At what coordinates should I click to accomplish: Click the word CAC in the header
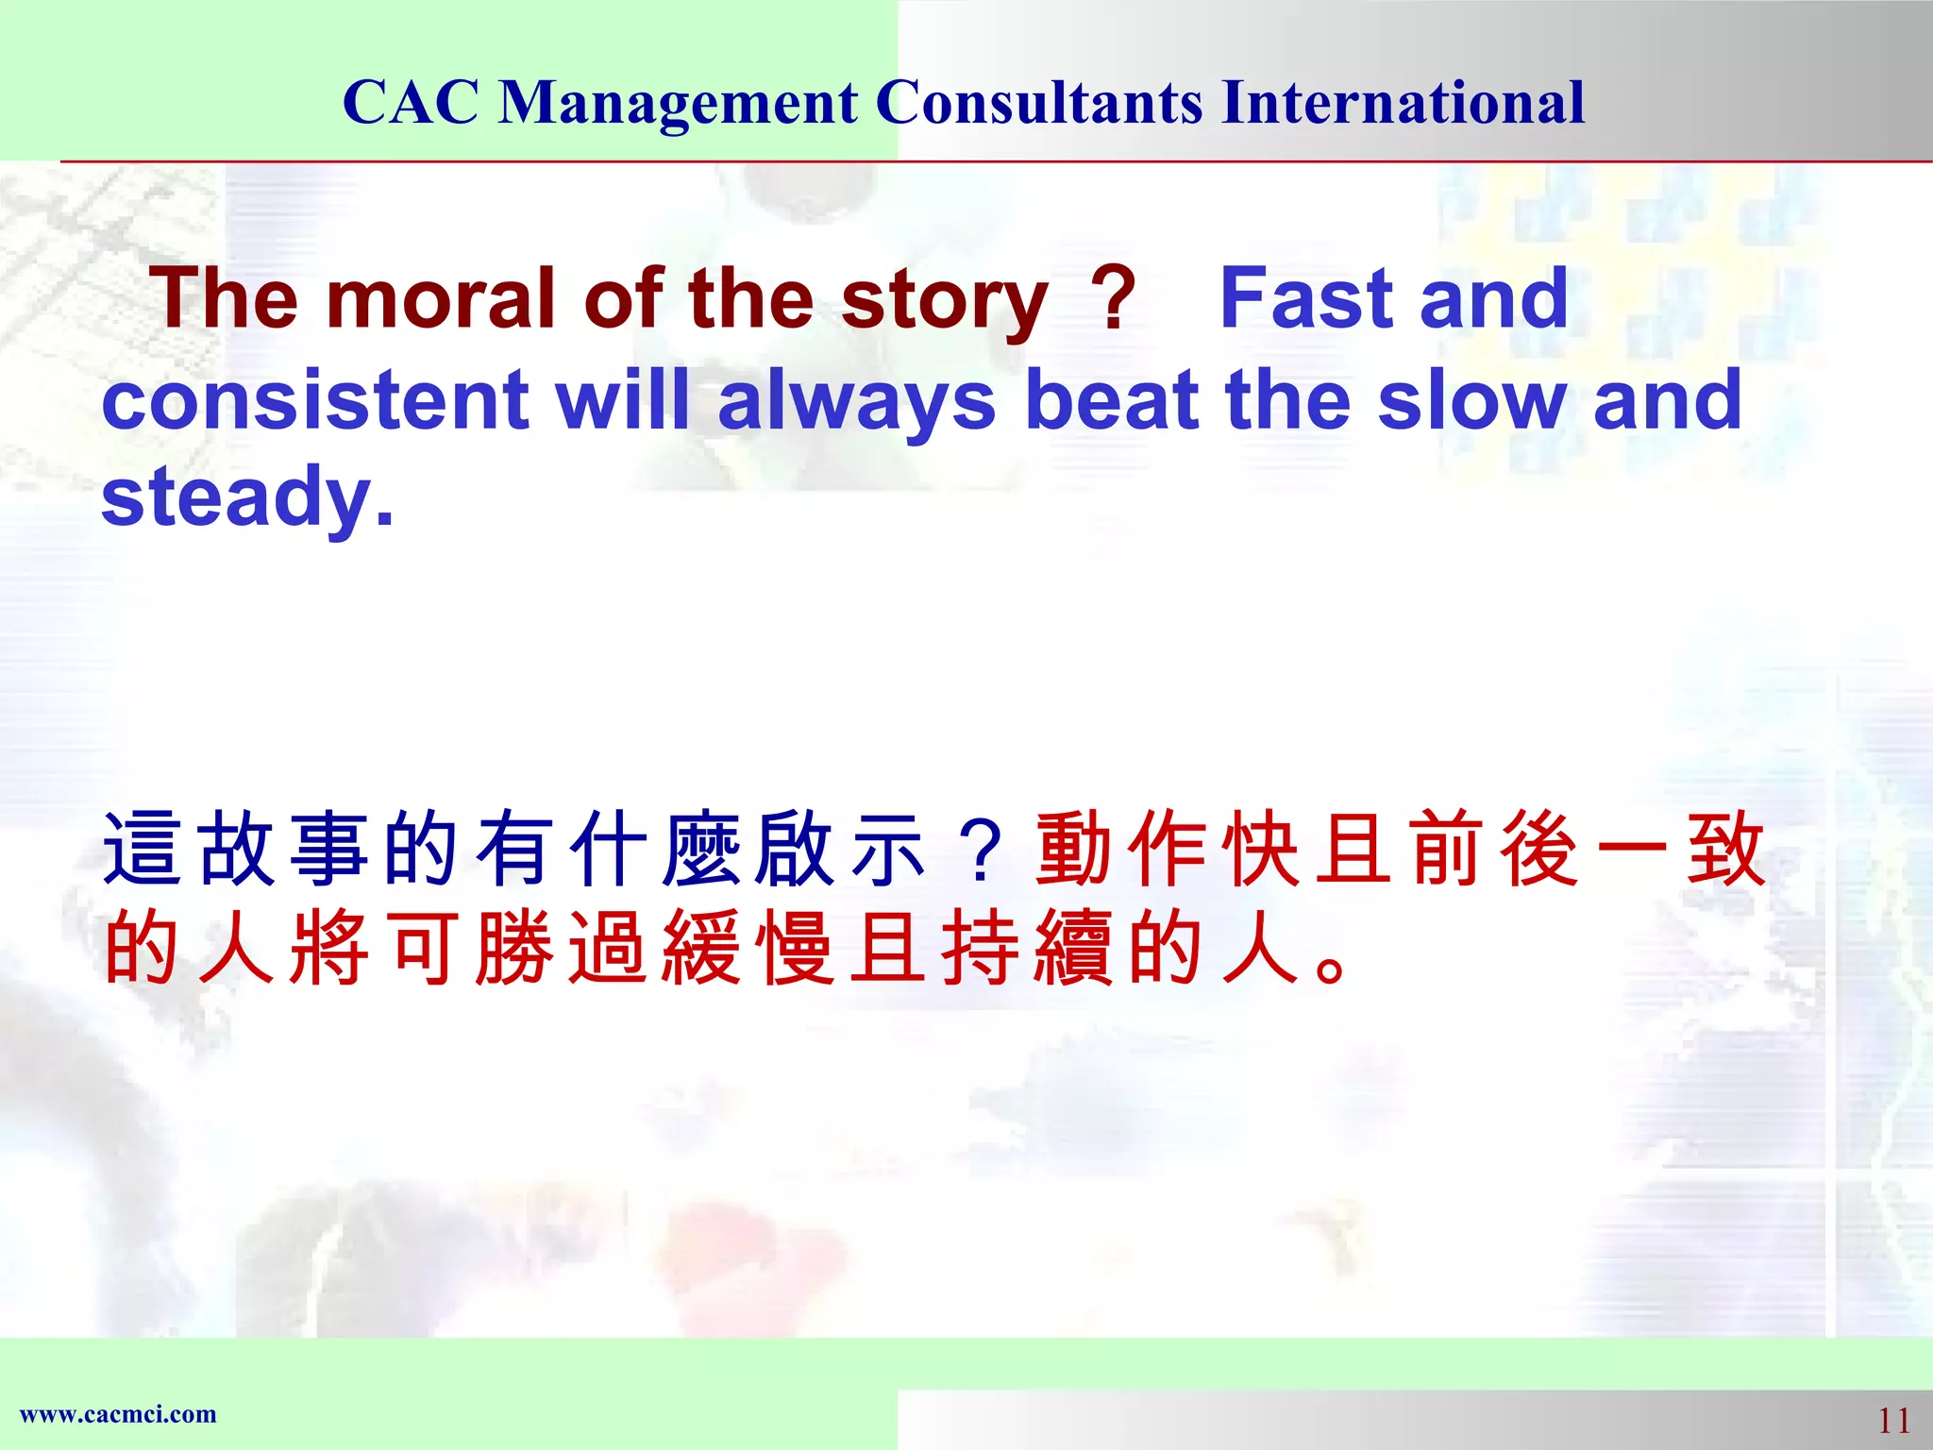click(411, 102)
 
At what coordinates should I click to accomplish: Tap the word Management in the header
click(678, 102)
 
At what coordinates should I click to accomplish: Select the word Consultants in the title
click(1039, 102)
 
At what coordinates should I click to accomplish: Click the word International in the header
click(1403, 102)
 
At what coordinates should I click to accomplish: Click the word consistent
click(314, 399)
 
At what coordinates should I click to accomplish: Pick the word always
click(856, 401)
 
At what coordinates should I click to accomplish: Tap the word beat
click(1111, 399)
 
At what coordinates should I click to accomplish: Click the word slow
click(1471, 399)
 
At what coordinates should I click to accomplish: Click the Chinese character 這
click(142, 850)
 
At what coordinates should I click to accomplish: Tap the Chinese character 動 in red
click(1075, 850)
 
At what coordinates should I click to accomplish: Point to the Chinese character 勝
click(514, 948)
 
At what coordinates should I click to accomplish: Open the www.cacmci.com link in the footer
click(118, 1414)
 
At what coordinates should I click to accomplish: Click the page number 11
click(1893, 1420)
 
